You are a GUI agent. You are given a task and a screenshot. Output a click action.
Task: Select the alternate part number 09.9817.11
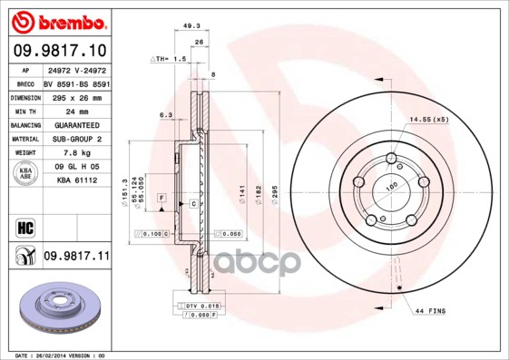[75, 257]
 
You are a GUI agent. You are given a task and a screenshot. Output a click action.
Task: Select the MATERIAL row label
[24, 139]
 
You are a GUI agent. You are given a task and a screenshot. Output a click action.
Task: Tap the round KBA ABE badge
[24, 175]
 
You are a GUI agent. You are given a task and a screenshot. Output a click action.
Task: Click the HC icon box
[24, 227]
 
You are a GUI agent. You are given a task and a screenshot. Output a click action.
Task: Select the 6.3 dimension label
[166, 115]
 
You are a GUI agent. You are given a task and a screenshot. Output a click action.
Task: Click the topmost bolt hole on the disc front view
[391, 161]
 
